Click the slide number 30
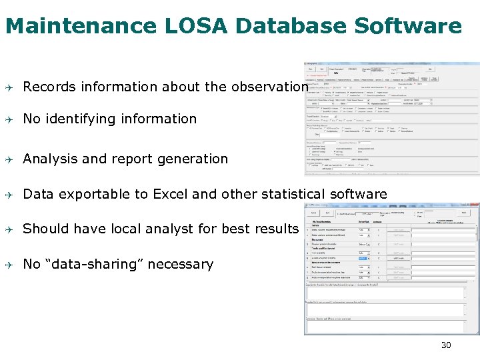pyautogui.click(x=446, y=345)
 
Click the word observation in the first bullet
pyautogui.click(x=269, y=87)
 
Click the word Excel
pyautogui.click(x=171, y=194)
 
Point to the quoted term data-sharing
pyautogui.click(x=93, y=264)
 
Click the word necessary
pyautogui.click(x=180, y=265)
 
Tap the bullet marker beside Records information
pyautogui.click(x=11, y=87)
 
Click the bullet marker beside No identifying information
pyautogui.click(x=11, y=119)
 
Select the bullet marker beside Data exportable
pyautogui.click(x=11, y=195)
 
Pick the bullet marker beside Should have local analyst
pyautogui.click(x=11, y=229)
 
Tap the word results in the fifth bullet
pyautogui.click(x=276, y=229)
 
